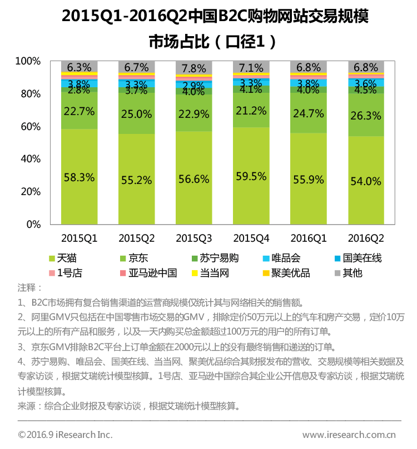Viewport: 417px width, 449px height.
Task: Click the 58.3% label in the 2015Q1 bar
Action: coord(79,178)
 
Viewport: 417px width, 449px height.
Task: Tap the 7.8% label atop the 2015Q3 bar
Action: coord(193,68)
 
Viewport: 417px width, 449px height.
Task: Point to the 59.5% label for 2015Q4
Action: coord(251,177)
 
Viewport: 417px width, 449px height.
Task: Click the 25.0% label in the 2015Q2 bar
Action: coord(136,114)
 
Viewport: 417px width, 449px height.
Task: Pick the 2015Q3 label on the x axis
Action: coord(193,238)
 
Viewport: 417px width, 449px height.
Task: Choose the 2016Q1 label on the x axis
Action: coord(309,238)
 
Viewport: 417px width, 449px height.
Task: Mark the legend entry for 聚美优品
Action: coord(294,273)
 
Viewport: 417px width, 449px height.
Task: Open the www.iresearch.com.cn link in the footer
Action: coord(349,435)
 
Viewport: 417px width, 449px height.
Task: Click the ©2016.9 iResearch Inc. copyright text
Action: coord(65,435)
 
